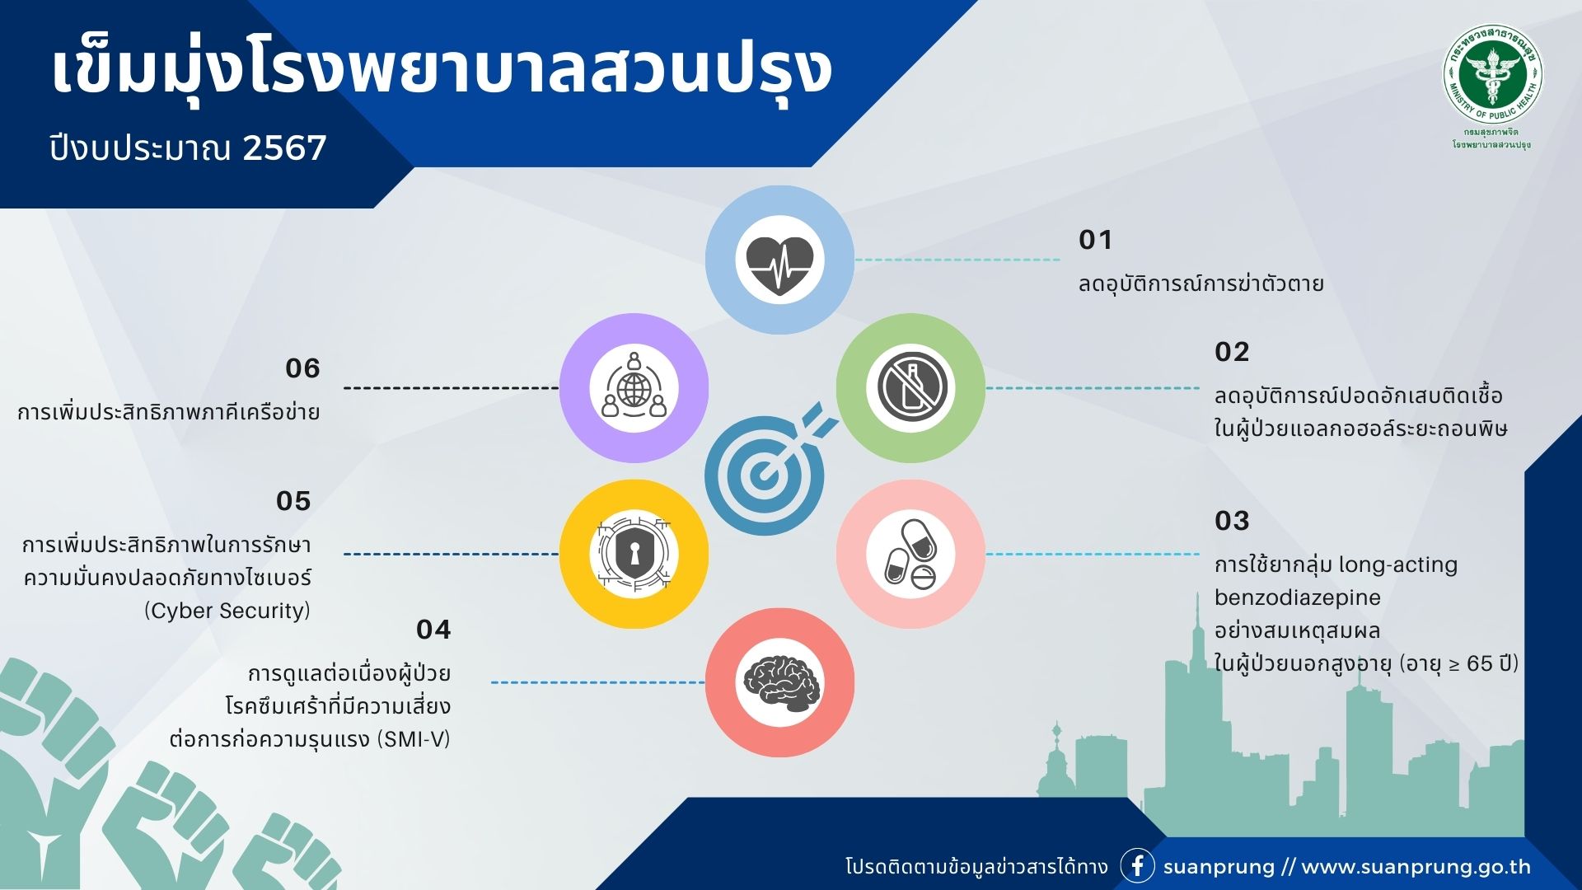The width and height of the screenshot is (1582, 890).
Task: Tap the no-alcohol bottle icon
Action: (x=910, y=388)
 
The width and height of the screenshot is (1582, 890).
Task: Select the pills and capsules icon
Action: (x=910, y=554)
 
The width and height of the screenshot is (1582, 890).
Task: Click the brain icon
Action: (x=779, y=683)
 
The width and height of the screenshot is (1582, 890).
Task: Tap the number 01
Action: (x=1095, y=240)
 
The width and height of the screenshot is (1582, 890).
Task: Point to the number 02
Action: (x=1232, y=352)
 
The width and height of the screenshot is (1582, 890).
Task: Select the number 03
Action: (x=1232, y=521)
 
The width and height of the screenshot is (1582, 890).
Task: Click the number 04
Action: (x=433, y=630)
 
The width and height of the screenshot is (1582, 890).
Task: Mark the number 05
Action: (x=293, y=501)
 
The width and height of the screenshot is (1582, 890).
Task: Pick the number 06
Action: (x=302, y=368)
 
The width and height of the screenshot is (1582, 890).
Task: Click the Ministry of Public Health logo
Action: (x=1492, y=75)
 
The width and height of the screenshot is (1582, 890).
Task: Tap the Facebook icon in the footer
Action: (x=1137, y=866)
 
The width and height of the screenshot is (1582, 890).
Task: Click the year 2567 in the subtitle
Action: (x=285, y=148)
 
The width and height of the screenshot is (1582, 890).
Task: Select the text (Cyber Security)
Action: (x=227, y=611)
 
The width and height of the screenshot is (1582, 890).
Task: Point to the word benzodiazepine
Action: (x=1298, y=597)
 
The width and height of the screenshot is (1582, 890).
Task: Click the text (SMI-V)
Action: (x=414, y=739)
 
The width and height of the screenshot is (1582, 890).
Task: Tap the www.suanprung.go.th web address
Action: (x=1416, y=867)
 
